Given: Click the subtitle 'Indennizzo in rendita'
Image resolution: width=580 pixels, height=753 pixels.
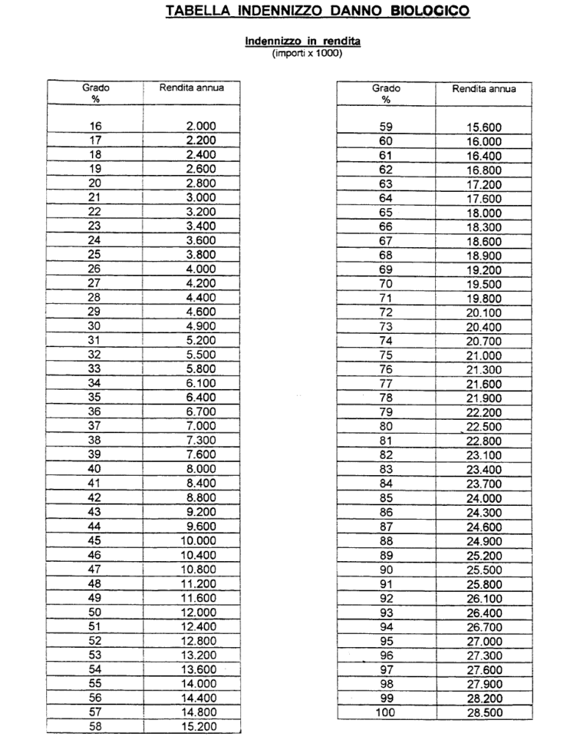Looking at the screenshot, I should click(x=302, y=43).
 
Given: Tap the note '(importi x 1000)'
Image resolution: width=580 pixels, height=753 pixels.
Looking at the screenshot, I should click(x=302, y=53).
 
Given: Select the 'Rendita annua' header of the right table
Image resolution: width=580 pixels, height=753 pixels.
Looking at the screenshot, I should click(x=484, y=89).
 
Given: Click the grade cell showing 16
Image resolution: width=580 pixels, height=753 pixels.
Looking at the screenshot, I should click(x=96, y=126).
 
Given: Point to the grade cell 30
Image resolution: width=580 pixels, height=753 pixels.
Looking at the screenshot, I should click(x=96, y=326).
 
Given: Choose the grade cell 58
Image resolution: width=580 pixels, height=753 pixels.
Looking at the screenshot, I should click(x=96, y=727).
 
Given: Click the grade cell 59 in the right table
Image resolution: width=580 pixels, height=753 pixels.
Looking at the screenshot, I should click(x=386, y=126).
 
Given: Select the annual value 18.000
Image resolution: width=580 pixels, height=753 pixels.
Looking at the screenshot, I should click(x=483, y=213).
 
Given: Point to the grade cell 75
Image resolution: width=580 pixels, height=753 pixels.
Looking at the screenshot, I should click(x=386, y=354).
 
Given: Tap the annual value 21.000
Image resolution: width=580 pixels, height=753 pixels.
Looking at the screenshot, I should click(x=483, y=354).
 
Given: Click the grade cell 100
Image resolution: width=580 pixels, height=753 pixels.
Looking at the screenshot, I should click(x=386, y=713).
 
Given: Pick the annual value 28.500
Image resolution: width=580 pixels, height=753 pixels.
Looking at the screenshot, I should click(x=483, y=713).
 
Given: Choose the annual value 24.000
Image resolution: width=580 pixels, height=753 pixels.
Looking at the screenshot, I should click(x=483, y=497).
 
